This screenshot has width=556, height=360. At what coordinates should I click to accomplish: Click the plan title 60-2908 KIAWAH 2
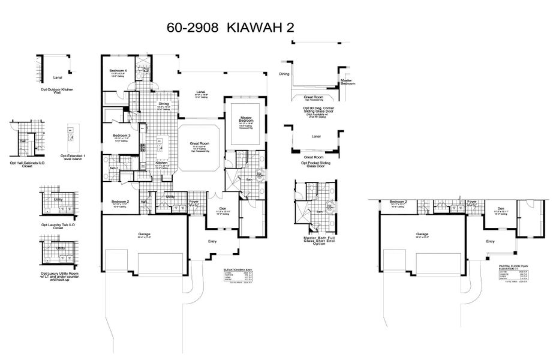pos(229,28)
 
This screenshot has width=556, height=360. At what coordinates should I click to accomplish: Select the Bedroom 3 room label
pos(121,136)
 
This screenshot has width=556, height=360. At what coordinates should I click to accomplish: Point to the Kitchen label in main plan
pos(161,163)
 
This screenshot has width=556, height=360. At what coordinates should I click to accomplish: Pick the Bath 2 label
pos(113,169)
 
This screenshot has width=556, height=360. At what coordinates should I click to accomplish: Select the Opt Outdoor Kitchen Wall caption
pos(57,91)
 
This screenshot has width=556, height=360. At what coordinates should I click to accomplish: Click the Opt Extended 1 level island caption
pos(73,157)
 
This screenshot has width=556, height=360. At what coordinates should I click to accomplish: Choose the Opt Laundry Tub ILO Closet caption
pos(58,226)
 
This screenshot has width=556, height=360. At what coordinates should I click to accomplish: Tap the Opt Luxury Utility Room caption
pos(59,277)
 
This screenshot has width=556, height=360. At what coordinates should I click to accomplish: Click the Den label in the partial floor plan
pos(499,209)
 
